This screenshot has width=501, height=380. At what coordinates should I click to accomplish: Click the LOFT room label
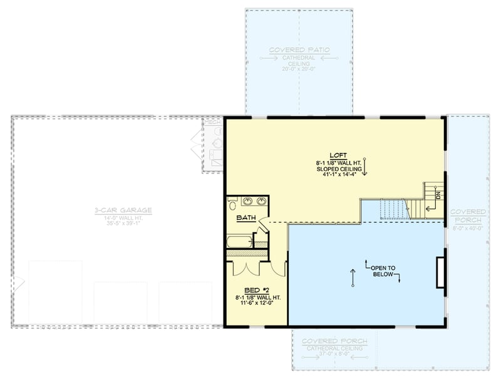pyautogui.click(x=338, y=155)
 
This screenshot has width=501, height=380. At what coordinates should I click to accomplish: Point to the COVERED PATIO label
pyautogui.click(x=299, y=50)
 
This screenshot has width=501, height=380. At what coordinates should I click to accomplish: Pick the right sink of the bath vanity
pyautogui.click(x=261, y=202)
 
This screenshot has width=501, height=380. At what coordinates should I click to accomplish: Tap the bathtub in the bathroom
pyautogui.click(x=240, y=241)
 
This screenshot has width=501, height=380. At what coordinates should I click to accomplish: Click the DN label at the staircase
pyautogui.click(x=438, y=195)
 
